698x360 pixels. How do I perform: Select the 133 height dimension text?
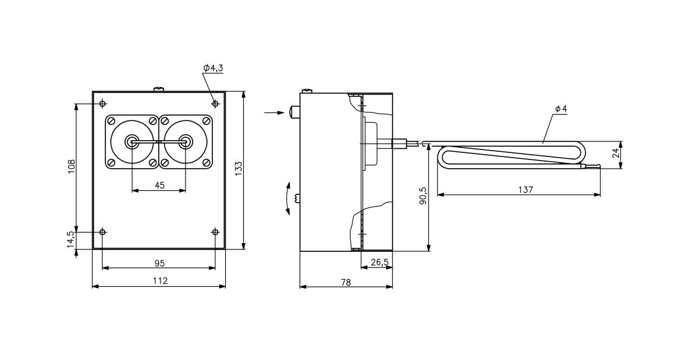238,168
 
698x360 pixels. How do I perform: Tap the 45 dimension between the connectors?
159,185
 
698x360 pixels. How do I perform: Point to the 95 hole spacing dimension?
159,263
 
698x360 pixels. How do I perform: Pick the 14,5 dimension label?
71,239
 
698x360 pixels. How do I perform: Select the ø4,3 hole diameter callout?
213,68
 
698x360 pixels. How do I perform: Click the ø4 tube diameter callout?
561,109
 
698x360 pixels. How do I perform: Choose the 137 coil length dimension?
525,190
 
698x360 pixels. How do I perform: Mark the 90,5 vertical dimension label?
423,196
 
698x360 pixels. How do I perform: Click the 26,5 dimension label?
379,262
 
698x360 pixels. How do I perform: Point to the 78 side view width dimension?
346,282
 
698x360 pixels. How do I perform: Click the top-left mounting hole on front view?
103,104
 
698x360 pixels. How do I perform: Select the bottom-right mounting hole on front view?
215,232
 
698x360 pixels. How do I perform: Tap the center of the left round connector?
133,141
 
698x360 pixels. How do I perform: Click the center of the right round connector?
186,141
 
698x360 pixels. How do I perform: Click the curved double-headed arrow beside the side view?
287,198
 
